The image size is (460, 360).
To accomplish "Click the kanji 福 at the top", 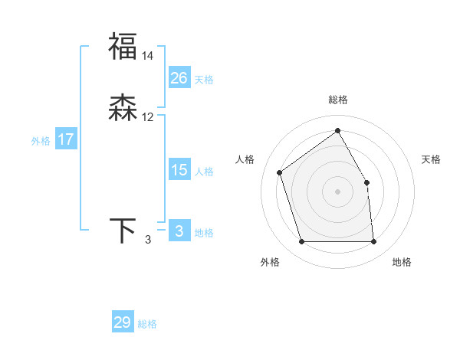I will pyautogui.click(x=123, y=46).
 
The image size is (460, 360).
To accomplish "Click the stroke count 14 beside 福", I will pyautogui.click(x=148, y=56).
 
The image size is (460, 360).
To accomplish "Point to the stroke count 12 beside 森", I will pyautogui.click(x=148, y=118).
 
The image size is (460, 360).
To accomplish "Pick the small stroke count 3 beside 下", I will pyautogui.click(x=148, y=241).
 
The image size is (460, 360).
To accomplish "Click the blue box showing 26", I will pyautogui.click(x=179, y=78).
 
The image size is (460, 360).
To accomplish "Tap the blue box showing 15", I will pyautogui.click(x=179, y=170).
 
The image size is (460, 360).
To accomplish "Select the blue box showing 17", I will pyautogui.click(x=66, y=139).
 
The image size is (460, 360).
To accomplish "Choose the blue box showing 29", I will pyautogui.click(x=123, y=322).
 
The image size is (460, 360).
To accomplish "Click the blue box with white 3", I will pyautogui.click(x=179, y=231).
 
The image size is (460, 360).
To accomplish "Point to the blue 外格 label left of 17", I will pyautogui.click(x=41, y=141).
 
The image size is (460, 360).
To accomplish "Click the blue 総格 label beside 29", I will pyautogui.click(x=148, y=324).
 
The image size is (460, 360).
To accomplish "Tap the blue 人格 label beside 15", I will pyautogui.click(x=205, y=172).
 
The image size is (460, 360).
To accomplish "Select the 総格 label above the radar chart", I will pyautogui.click(x=338, y=100).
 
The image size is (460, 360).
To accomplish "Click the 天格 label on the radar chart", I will pyautogui.click(x=431, y=159).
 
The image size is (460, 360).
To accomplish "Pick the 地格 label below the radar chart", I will pyautogui.click(x=402, y=262).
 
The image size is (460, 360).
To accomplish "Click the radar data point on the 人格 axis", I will pyautogui.click(x=280, y=172).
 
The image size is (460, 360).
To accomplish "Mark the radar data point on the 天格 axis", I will pyautogui.click(x=366, y=182).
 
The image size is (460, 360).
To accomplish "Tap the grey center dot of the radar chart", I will pyautogui.click(x=338, y=191).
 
